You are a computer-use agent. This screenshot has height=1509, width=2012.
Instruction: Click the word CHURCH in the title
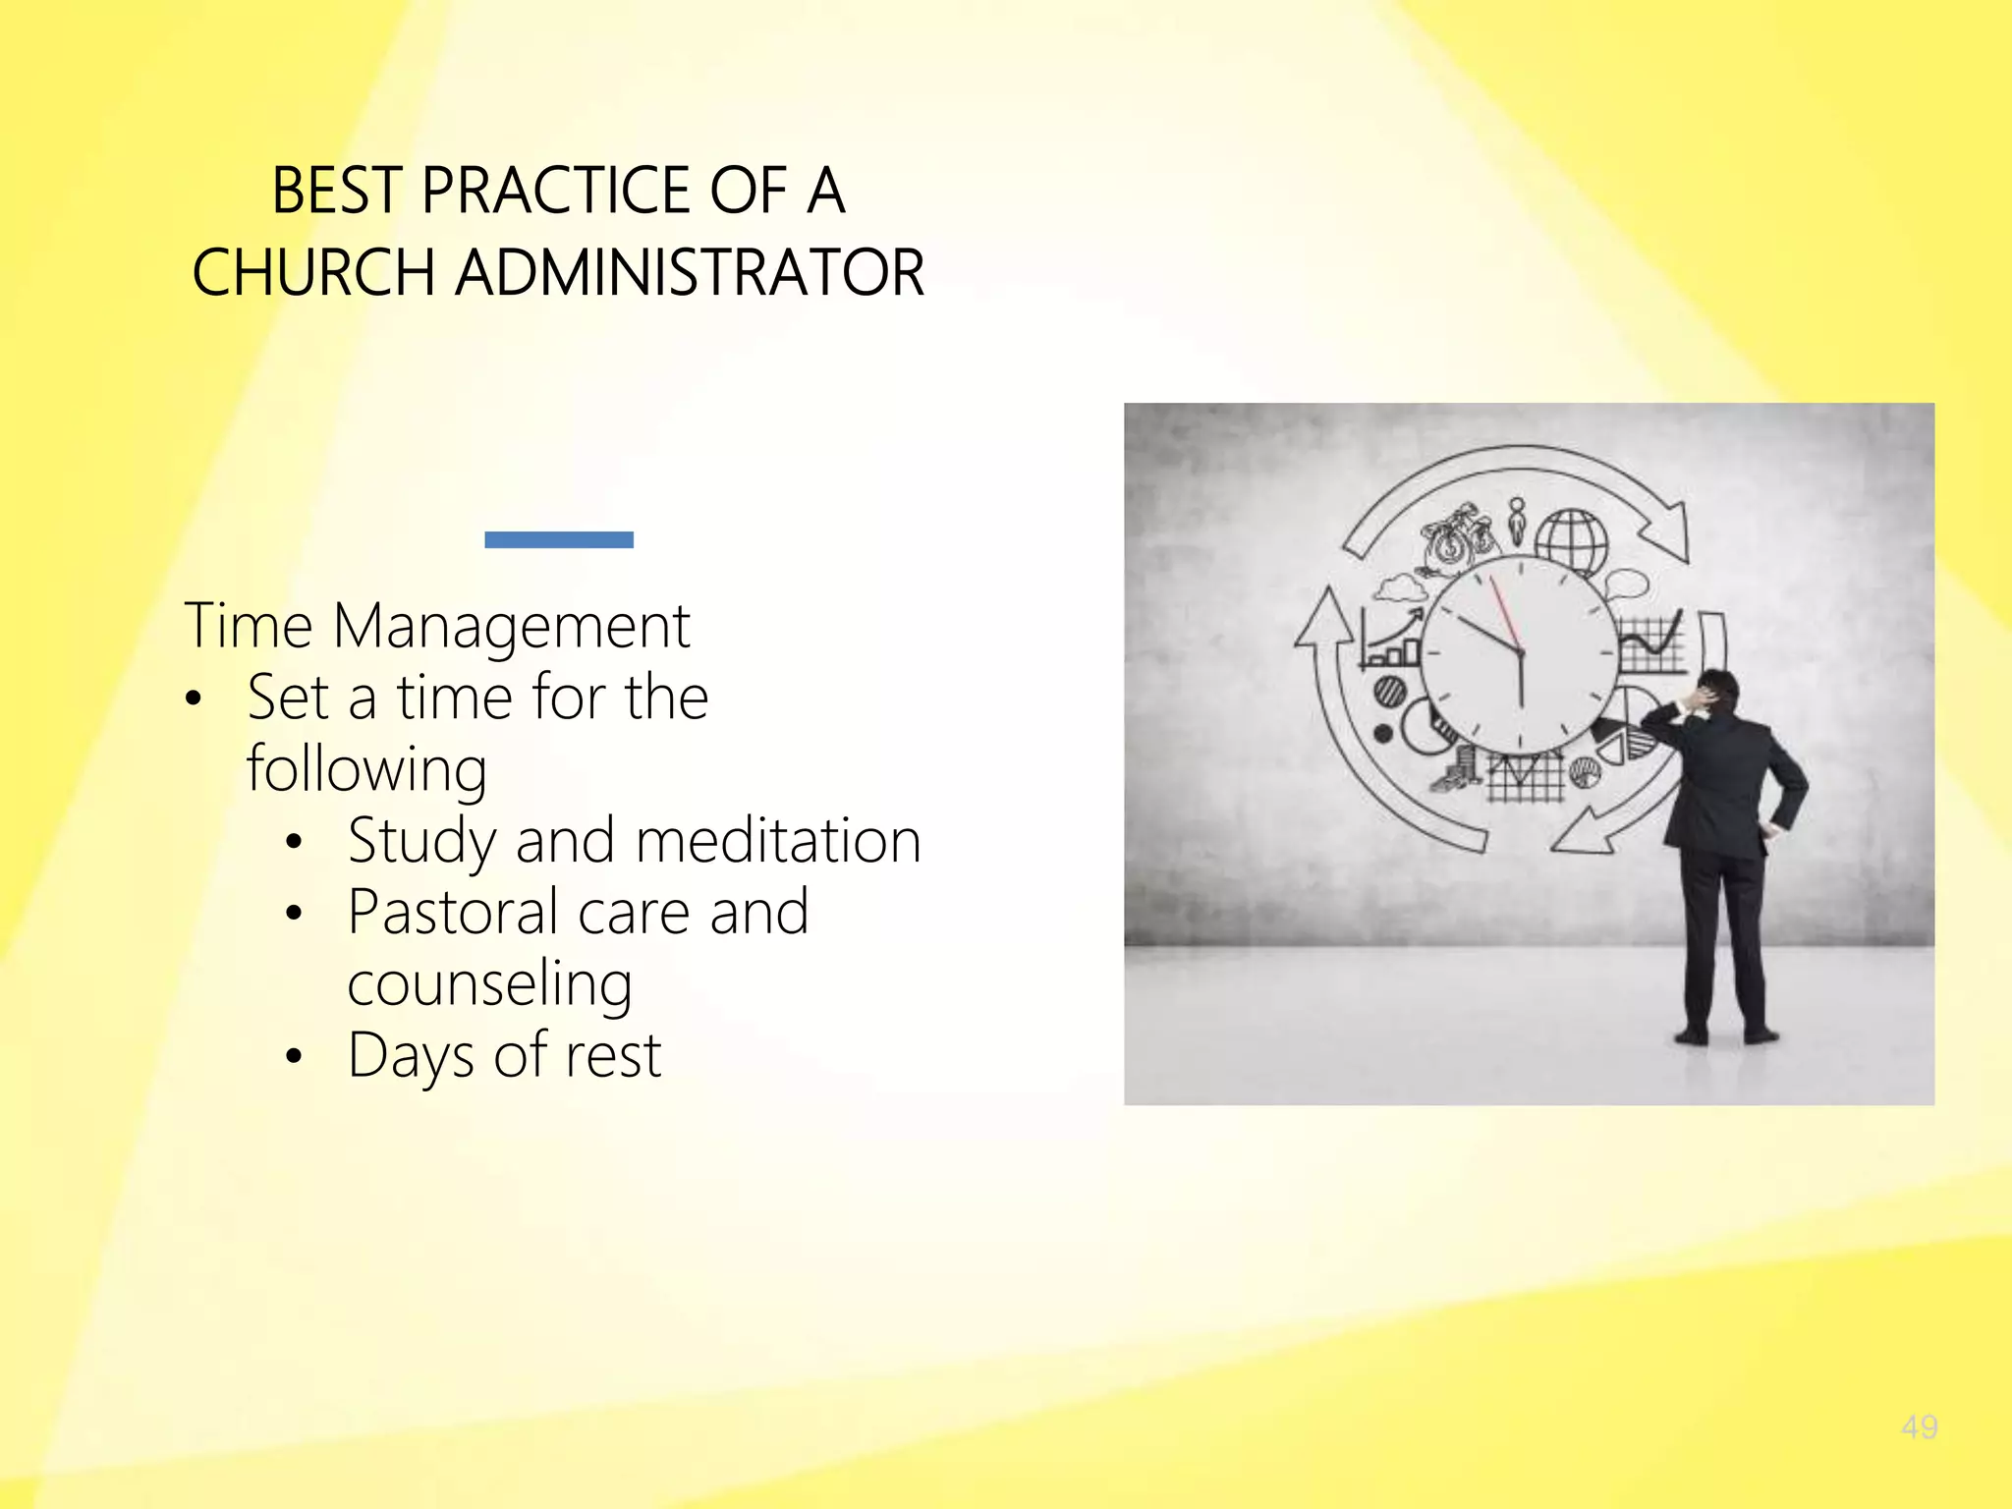313,272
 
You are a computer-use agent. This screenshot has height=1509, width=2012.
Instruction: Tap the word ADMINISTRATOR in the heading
690,272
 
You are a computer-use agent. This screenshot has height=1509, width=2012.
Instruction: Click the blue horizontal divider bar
559,539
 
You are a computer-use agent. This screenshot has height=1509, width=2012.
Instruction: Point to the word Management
511,626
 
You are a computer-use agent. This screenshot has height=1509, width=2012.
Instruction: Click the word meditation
778,841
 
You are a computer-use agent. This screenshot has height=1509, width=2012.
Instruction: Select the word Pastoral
454,912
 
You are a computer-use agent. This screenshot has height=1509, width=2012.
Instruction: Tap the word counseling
489,984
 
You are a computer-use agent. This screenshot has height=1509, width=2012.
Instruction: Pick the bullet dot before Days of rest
294,1057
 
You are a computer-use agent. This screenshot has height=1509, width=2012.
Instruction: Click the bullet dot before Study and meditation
294,842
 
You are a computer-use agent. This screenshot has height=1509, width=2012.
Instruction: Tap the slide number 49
1919,1426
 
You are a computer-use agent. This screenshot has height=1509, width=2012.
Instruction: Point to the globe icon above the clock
1572,539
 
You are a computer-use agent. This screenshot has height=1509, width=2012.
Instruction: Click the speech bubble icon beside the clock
1627,585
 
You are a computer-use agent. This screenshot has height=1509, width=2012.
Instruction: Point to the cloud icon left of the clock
1400,588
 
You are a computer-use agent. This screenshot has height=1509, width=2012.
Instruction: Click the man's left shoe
1691,1035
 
